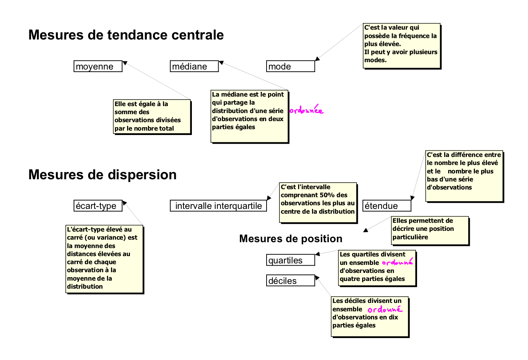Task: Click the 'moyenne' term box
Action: tap(98, 66)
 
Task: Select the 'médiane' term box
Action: tap(194, 66)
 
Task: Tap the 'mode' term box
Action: tap(290, 66)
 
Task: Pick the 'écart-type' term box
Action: tap(98, 206)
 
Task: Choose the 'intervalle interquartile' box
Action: tap(218, 206)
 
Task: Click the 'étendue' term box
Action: tap(387, 206)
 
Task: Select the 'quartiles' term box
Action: tap(290, 260)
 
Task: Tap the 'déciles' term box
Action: tap(290, 281)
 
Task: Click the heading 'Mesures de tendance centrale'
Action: tap(126, 35)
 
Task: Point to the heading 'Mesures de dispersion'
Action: tap(103, 175)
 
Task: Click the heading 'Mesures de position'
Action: tap(291, 239)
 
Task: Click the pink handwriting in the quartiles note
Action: tap(397, 262)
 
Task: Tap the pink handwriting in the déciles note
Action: tap(385, 309)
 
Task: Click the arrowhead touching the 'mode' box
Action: tap(317, 59)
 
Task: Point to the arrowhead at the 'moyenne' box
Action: tap(125, 63)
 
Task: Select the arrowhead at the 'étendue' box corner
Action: tap(412, 198)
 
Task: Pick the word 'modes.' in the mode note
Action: tap(375, 60)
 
